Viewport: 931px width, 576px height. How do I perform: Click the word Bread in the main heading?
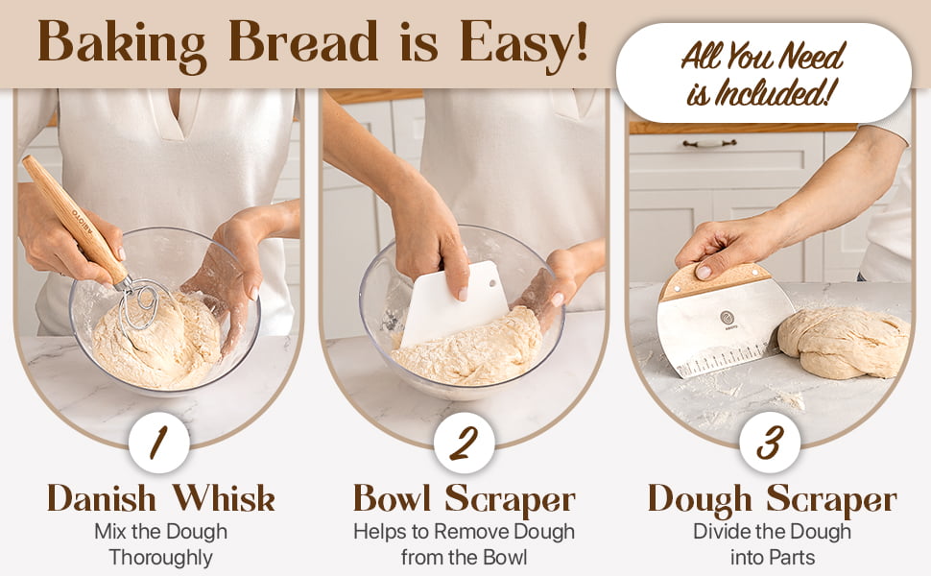pyautogui.click(x=302, y=41)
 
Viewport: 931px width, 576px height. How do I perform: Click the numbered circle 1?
pyautogui.click(x=159, y=443)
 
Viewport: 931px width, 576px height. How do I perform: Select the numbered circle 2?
pyautogui.click(x=465, y=443)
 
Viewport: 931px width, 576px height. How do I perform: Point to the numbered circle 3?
pyautogui.click(x=770, y=443)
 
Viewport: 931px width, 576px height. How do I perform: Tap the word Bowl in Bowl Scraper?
pyautogui.click(x=392, y=498)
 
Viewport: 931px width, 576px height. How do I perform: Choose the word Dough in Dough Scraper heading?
pyautogui.click(x=700, y=500)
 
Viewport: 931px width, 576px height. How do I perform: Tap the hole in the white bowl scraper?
pyautogui.click(x=491, y=282)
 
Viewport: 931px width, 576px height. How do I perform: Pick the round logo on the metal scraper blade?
pyautogui.click(x=728, y=318)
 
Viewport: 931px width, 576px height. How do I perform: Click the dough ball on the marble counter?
pyautogui.click(x=844, y=343)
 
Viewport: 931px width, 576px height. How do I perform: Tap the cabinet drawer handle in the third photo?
pyautogui.click(x=709, y=143)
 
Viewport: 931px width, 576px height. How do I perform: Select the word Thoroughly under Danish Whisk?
pyautogui.click(x=161, y=558)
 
